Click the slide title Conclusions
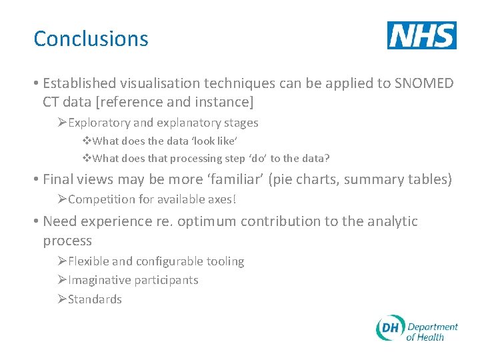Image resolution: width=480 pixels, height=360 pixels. pyautogui.click(x=91, y=39)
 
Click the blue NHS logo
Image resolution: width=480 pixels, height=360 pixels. pyautogui.click(x=421, y=35)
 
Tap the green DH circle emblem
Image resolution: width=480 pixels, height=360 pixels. pyautogui.click(x=389, y=328)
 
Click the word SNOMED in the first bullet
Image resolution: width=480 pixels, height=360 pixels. pyautogui.click(x=423, y=83)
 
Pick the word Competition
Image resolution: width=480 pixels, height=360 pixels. pyautogui.click(x=100, y=199)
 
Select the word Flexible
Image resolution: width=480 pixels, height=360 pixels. pyautogui.click(x=89, y=261)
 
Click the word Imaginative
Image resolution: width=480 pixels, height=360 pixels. pyautogui.click(x=99, y=280)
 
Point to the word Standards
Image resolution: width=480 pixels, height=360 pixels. pyautogui.click(x=95, y=299)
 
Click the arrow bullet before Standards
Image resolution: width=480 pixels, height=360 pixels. pyautogui.click(x=61, y=299)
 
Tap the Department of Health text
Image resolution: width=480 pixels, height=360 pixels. pyautogui.click(x=432, y=331)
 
